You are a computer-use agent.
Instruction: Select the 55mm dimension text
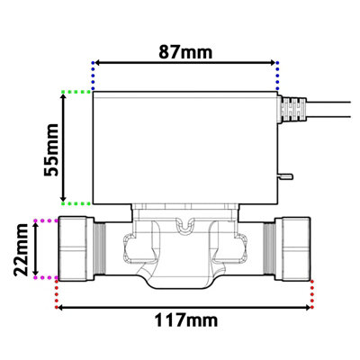(x=53, y=148)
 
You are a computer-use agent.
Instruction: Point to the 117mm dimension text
(x=185, y=319)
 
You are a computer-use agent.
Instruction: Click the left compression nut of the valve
(x=78, y=249)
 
